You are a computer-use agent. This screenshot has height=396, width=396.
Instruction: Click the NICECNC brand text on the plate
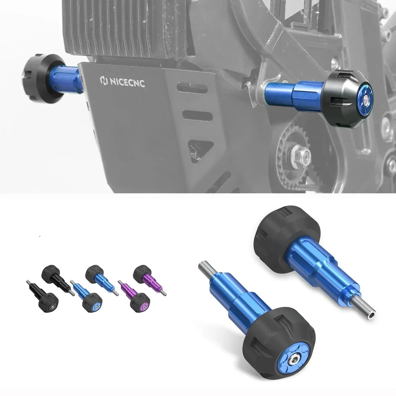[128, 82]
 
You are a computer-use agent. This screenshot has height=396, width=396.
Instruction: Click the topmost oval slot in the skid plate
[192, 87]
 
